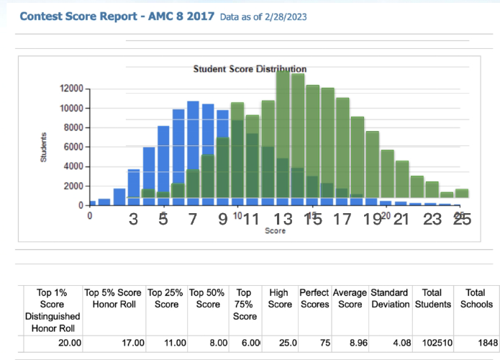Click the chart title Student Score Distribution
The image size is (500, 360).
(x=250, y=69)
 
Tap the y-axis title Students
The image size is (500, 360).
(x=44, y=147)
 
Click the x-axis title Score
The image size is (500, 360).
(x=275, y=231)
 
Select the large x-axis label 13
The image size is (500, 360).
(x=283, y=220)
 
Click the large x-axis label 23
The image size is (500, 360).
(x=432, y=220)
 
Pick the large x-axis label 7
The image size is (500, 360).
(x=192, y=220)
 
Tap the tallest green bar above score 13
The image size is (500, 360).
(x=283, y=137)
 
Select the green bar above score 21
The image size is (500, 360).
(x=402, y=180)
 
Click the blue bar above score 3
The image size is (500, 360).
(x=134, y=187)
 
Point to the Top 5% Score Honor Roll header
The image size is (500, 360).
(x=113, y=299)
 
